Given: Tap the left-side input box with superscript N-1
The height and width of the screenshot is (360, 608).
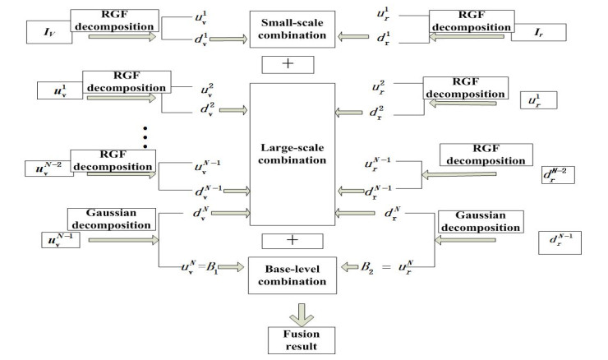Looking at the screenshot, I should click(60, 240).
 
